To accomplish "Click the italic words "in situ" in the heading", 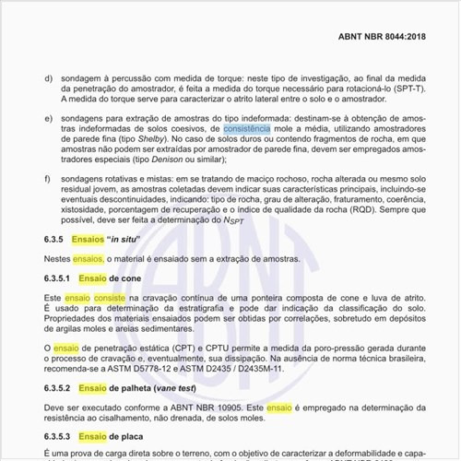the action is pyautogui.click(x=134, y=238).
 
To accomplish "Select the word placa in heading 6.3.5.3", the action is pyautogui.click(x=129, y=434).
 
